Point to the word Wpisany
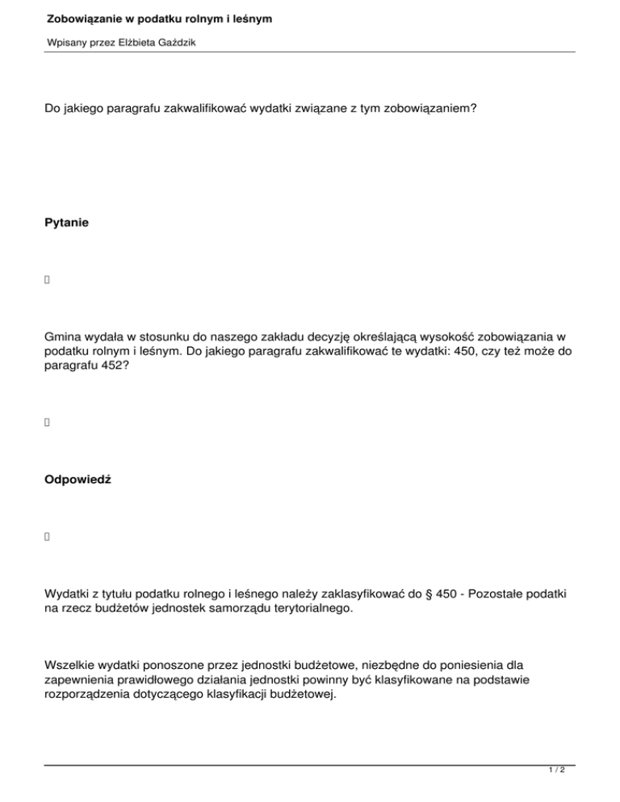coord(65,42)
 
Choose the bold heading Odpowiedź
coord(78,479)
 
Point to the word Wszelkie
coord(71,666)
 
